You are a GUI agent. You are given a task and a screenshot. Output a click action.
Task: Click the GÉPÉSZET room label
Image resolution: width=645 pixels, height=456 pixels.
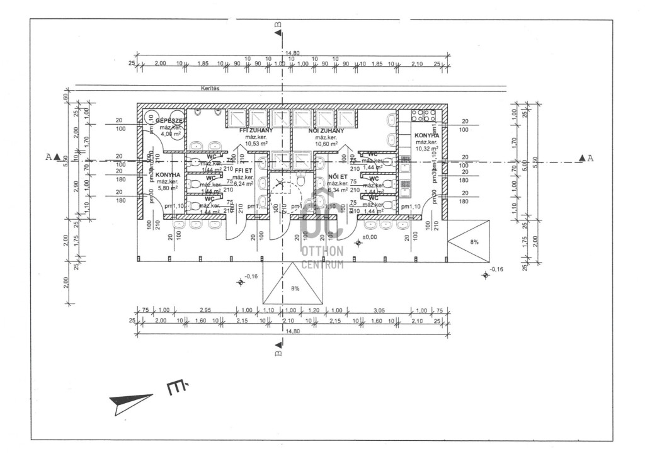pos(169,120)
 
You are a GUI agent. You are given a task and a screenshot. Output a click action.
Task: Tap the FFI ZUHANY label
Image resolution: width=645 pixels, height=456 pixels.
pos(256,130)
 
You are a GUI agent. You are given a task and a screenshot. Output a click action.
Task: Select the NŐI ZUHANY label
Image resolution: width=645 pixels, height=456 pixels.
pos(326,130)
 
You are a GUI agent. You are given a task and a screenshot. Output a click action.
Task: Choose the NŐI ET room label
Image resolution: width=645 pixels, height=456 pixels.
pos(338,177)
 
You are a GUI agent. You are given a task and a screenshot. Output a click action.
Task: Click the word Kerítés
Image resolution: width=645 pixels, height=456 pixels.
pos(210,89)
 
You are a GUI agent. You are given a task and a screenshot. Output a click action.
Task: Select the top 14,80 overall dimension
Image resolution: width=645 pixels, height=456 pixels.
pos(292,54)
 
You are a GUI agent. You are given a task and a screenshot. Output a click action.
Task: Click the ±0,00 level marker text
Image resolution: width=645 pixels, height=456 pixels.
pos(370,237)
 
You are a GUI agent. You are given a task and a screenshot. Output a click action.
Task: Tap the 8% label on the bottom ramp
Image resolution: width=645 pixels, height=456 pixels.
pos(295,288)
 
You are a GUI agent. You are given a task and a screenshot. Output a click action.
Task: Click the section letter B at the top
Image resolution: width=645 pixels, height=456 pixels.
pos(278,26)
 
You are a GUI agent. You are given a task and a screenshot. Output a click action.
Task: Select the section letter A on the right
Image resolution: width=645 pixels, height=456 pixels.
pos(590,157)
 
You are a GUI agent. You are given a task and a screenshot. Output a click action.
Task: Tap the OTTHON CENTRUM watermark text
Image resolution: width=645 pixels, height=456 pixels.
pos(322,257)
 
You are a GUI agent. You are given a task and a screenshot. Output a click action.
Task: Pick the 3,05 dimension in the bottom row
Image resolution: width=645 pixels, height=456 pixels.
pos(379,311)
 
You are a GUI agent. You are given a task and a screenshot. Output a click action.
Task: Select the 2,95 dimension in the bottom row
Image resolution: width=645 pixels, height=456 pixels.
pos(205,311)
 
